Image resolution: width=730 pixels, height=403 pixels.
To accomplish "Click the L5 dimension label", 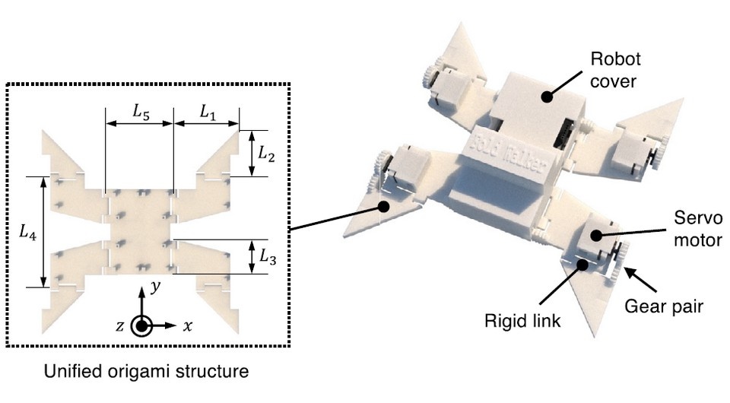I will [139, 111].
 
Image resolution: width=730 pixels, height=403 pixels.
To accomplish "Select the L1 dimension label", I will [207, 111].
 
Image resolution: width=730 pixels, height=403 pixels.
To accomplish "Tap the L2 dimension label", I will [265, 153].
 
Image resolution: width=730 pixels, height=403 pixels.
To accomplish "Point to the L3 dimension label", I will [266, 258].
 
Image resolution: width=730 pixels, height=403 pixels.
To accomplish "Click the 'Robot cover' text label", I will [617, 69].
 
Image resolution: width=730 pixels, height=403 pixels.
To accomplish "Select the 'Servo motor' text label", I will [693, 230].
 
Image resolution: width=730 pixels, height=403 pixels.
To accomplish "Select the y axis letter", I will [154, 287].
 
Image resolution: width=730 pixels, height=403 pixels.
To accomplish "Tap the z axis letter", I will [119, 325].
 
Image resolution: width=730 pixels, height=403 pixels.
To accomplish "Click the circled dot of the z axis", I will [141, 325].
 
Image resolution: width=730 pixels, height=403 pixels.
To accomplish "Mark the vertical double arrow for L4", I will [43, 232].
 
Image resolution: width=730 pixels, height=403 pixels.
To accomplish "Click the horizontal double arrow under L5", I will [139, 124].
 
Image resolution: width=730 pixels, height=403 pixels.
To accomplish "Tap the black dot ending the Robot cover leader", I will [547, 96].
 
